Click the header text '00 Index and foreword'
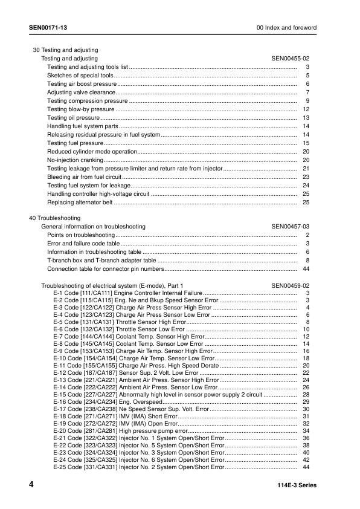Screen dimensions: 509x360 [286, 28]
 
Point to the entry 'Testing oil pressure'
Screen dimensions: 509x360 [73, 117]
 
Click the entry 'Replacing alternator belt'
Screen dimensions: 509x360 [80, 202]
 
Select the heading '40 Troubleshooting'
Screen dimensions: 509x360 [54, 218]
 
